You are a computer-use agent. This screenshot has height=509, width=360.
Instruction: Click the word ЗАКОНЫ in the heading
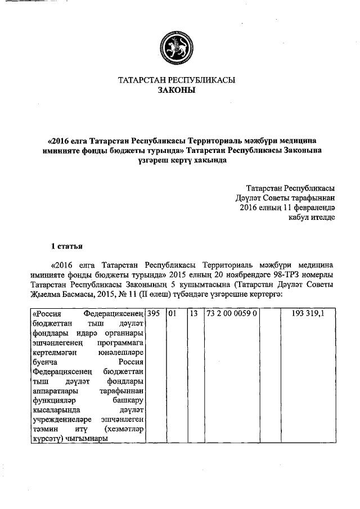[x=175, y=90]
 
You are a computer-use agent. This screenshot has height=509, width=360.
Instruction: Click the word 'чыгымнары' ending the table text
[x=85, y=440]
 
